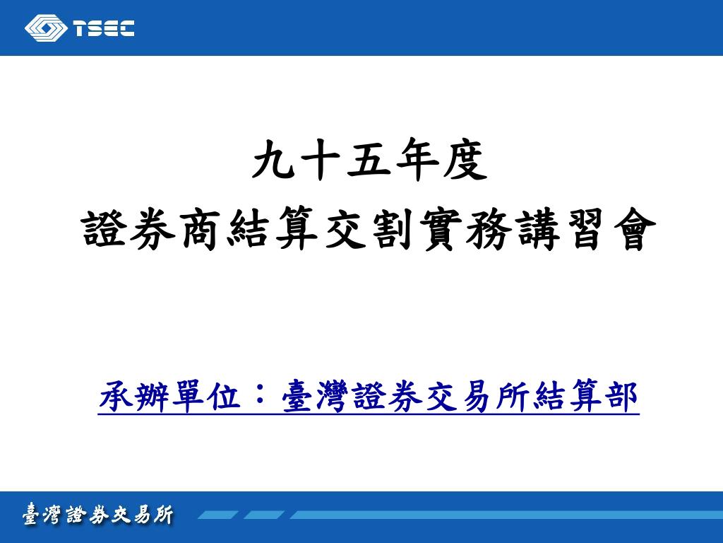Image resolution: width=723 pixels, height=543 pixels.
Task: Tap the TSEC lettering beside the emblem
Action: click(103, 28)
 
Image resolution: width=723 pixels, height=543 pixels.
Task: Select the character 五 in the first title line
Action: click(370, 159)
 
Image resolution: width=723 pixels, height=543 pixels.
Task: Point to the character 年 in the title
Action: click(418, 159)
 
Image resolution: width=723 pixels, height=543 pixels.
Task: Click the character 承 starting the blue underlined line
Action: click(115, 396)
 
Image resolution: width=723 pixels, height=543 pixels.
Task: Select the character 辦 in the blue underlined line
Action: click(151, 396)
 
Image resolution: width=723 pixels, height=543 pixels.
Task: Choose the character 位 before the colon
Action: click(224, 396)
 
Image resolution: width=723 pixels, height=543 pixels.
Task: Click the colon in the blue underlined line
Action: click(261, 396)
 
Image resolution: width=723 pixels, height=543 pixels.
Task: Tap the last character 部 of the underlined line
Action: click(622, 396)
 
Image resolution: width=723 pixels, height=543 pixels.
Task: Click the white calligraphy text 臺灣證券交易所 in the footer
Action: click(98, 515)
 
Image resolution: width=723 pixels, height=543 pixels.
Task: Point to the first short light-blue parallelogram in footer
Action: click(218, 515)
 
